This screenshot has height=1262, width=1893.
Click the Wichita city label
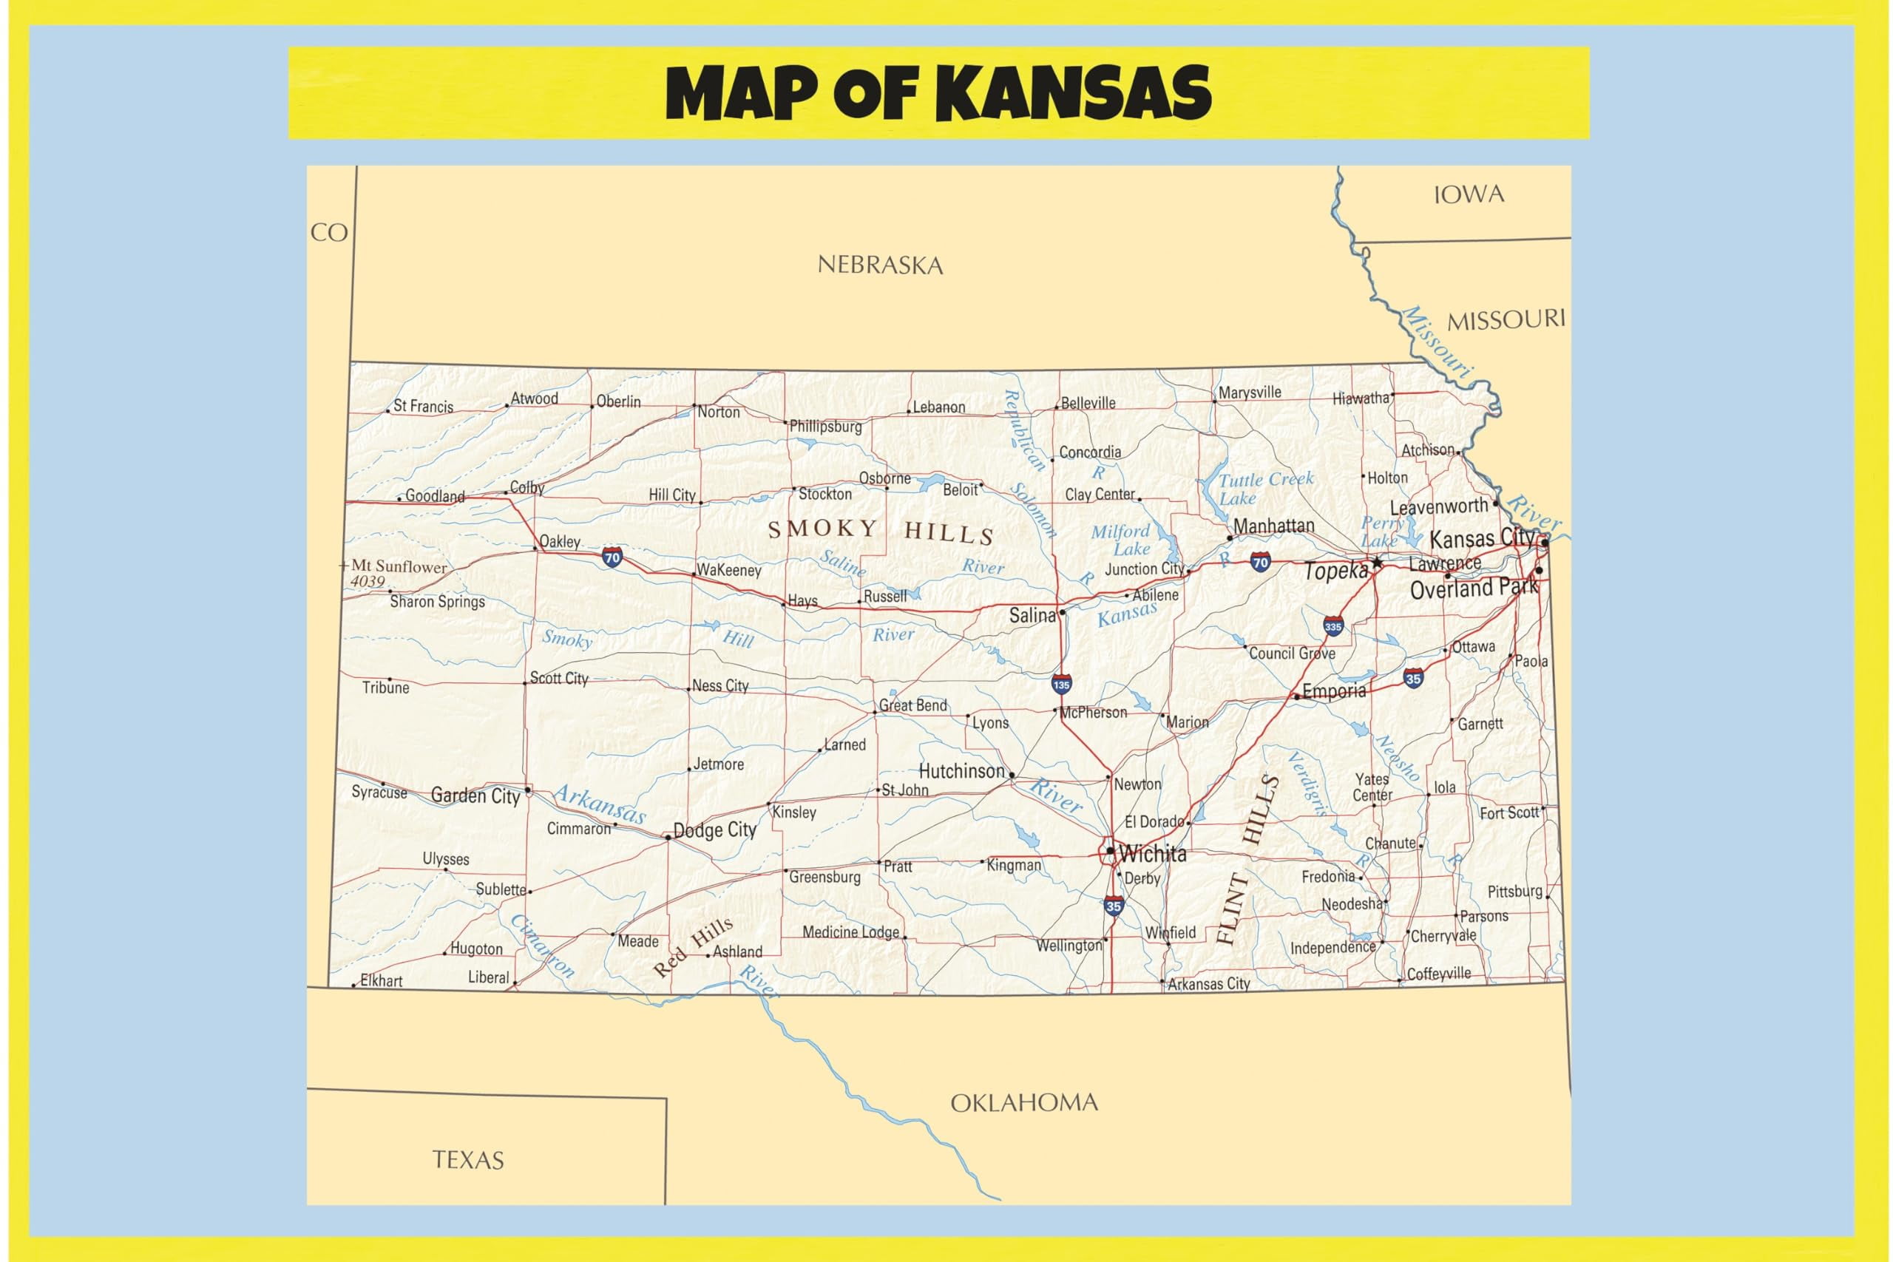[x=1152, y=854]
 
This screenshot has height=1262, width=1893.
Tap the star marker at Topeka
[x=1377, y=563]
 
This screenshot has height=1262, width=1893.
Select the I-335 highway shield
[x=1332, y=626]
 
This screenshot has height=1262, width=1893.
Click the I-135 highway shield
[x=1061, y=685]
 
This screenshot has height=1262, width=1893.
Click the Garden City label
[x=475, y=796]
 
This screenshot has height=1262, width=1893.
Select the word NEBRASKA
[x=880, y=265]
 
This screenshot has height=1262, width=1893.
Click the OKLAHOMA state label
[x=1023, y=1102]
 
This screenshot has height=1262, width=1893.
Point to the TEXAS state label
[x=467, y=1160]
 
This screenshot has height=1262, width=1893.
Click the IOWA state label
[x=1468, y=194]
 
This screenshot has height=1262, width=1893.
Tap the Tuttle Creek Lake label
[x=1264, y=489]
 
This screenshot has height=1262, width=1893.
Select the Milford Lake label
[x=1120, y=540]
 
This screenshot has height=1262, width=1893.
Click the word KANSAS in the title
[x=1074, y=93]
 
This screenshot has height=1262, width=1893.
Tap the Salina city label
[x=1032, y=616]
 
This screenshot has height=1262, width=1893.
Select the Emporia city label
[x=1334, y=691]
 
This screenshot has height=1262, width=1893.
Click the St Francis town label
[x=422, y=407]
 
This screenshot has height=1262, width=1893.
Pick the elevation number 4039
[x=367, y=581]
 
